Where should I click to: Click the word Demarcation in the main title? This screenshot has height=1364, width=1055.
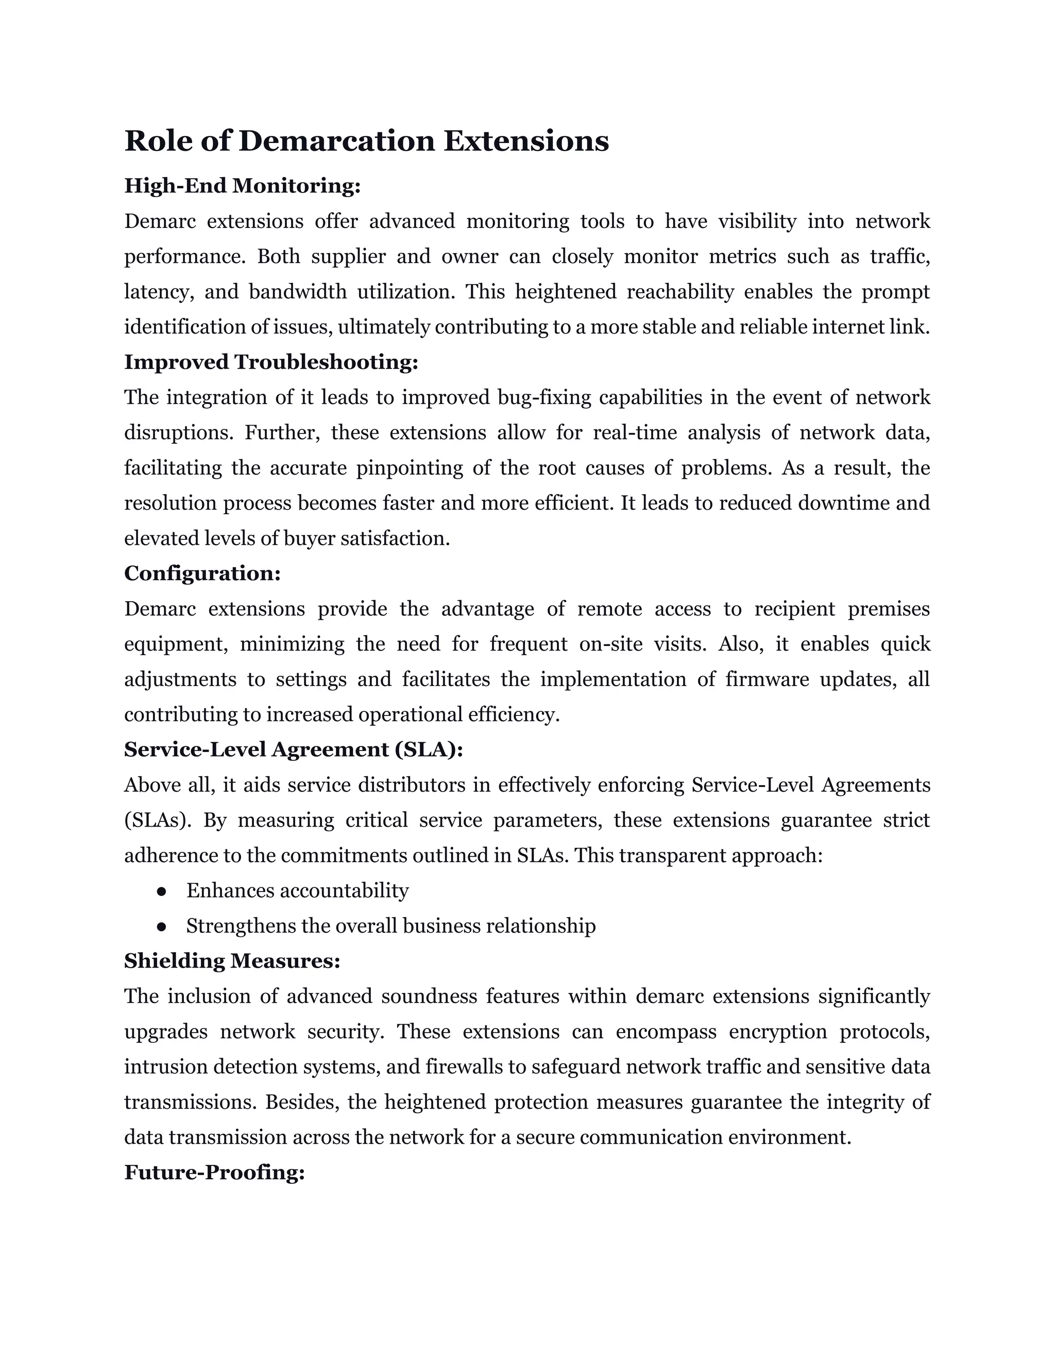pyautogui.click(x=336, y=141)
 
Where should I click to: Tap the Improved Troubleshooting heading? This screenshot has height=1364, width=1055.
pyautogui.click(x=270, y=362)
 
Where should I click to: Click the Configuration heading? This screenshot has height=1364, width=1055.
pyautogui.click(x=202, y=573)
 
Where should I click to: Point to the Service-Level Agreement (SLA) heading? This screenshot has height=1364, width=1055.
pyautogui.click(x=293, y=749)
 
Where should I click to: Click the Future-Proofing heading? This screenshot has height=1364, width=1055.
pyautogui.click(x=214, y=1171)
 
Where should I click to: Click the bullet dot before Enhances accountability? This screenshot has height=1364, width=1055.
pyautogui.click(x=161, y=891)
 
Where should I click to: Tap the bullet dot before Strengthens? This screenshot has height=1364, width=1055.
pyautogui.click(x=161, y=926)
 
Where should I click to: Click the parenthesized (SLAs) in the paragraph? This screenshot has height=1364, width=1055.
pyautogui.click(x=158, y=819)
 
